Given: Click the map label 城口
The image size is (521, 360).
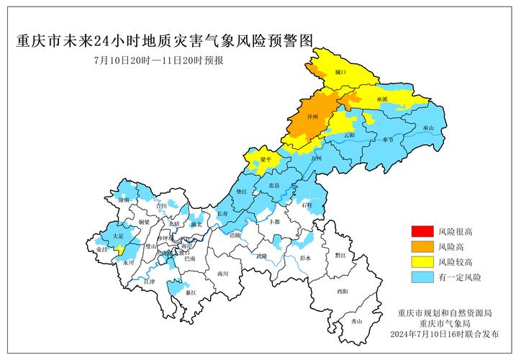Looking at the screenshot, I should coord(341,73).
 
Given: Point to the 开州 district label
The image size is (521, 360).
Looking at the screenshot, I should coord(312,116).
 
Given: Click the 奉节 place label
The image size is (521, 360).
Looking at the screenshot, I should coord(389,140).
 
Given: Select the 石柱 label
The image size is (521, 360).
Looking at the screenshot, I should coord(307,205).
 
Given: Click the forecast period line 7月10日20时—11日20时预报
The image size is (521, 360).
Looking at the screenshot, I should coord(158,60).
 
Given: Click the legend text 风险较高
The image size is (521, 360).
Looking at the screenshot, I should coord(455,261).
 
